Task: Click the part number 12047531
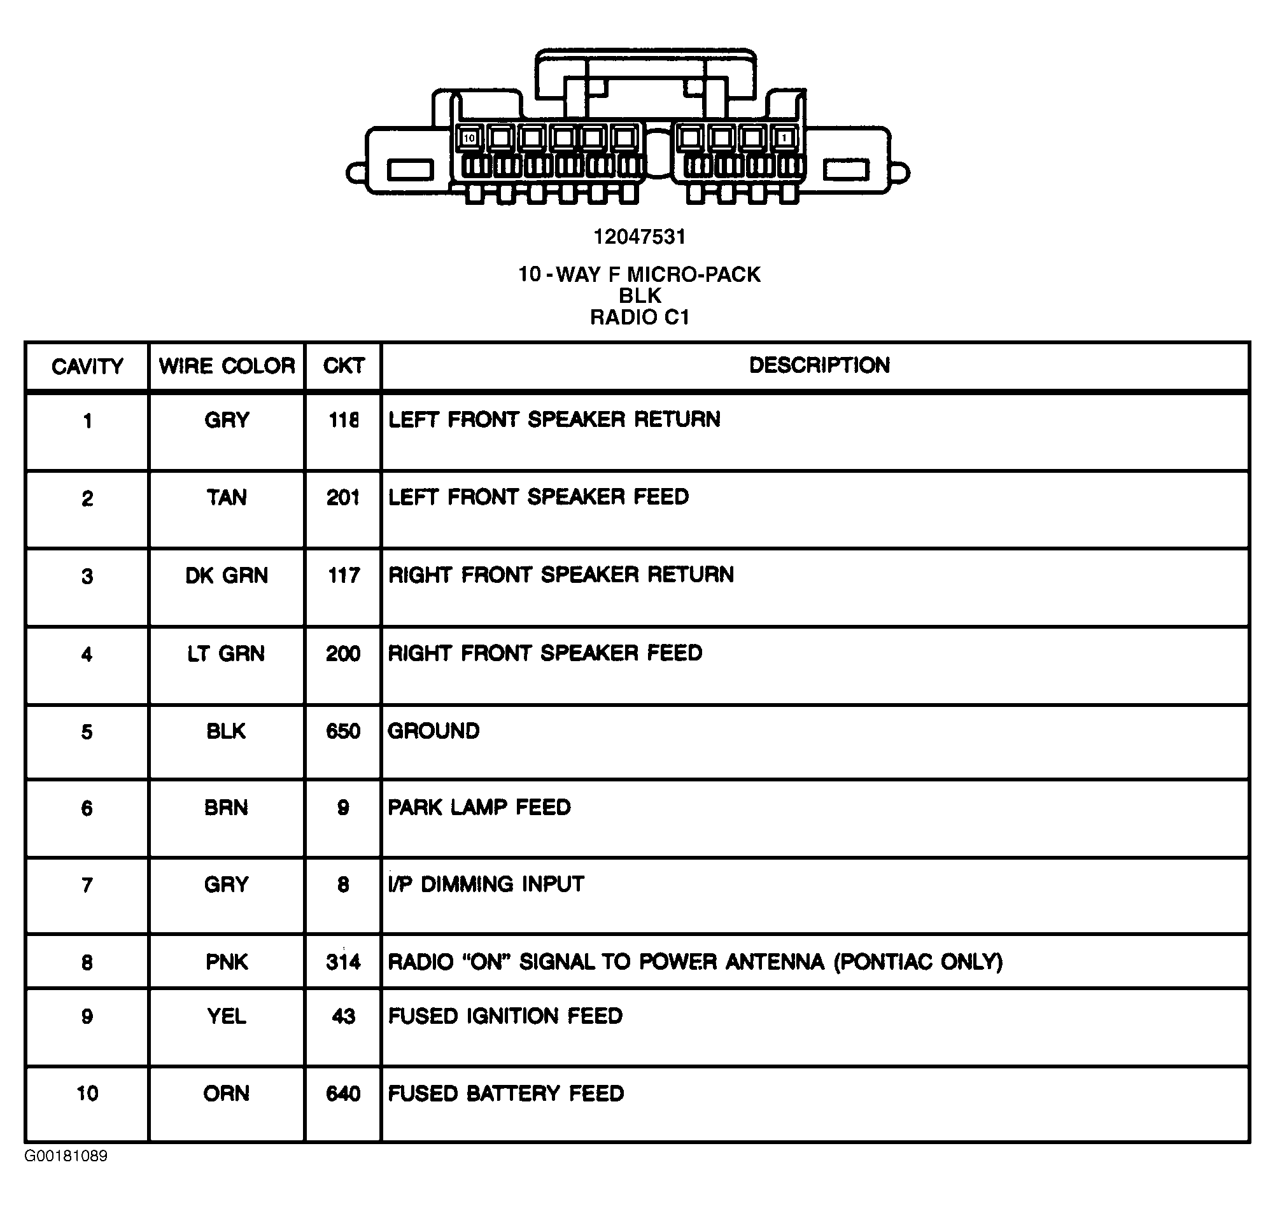(x=639, y=237)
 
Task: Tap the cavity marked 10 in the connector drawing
(x=468, y=138)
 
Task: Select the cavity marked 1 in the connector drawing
(x=784, y=138)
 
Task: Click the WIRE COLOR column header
(x=226, y=366)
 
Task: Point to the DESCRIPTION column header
(x=819, y=365)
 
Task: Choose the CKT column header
(x=344, y=366)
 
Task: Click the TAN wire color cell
(x=226, y=498)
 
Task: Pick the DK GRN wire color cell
(x=226, y=575)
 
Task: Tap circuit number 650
(x=343, y=731)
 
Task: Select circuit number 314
(x=343, y=962)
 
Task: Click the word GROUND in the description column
(x=433, y=731)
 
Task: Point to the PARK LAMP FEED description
(x=479, y=807)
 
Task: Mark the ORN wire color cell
(x=226, y=1094)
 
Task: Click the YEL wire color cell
(x=226, y=1016)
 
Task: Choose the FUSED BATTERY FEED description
(x=505, y=1094)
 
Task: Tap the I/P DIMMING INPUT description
(x=486, y=884)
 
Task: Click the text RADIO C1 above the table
(x=640, y=317)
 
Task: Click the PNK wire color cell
(x=226, y=962)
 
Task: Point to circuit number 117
(x=343, y=575)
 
